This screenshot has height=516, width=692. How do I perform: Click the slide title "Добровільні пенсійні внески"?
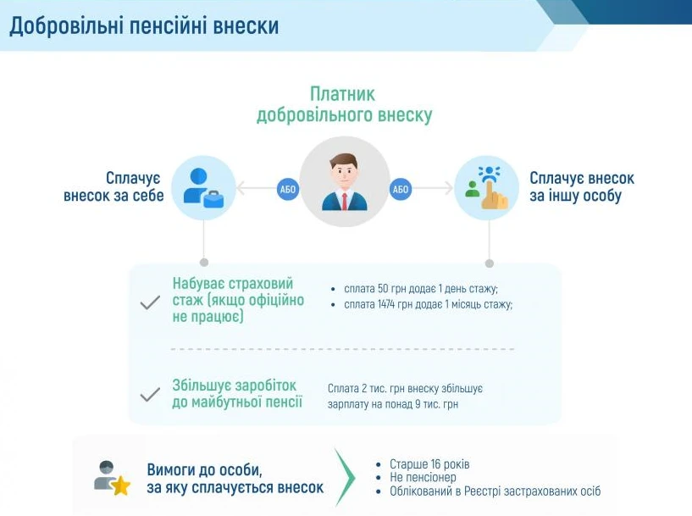144,26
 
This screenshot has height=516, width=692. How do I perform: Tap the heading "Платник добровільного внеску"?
344,104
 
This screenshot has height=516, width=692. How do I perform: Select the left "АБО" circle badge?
287,189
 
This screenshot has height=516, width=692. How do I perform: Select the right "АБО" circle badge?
401,189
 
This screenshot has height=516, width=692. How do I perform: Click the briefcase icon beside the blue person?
213,199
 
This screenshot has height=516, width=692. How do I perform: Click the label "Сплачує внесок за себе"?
113,187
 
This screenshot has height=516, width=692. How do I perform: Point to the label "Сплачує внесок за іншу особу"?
581,187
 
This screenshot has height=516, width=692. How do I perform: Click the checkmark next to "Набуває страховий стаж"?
150,302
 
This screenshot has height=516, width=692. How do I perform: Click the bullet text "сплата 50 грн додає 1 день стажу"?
421,288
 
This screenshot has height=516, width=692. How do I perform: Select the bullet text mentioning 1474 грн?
428,304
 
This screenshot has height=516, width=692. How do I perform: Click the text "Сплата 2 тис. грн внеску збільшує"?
405,388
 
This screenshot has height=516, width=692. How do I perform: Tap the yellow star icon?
120,486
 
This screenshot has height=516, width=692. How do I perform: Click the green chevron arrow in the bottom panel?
345,478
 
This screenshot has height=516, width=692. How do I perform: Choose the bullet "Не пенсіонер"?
423,478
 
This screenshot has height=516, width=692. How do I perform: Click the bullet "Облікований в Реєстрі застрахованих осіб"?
495,491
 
